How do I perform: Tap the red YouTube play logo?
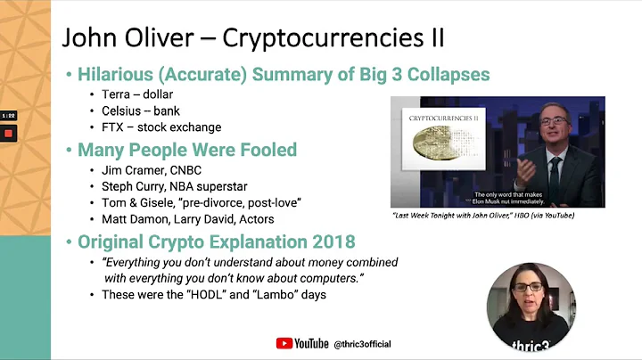point(284,343)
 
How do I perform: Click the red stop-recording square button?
point(9,133)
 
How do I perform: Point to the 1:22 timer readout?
point(9,116)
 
